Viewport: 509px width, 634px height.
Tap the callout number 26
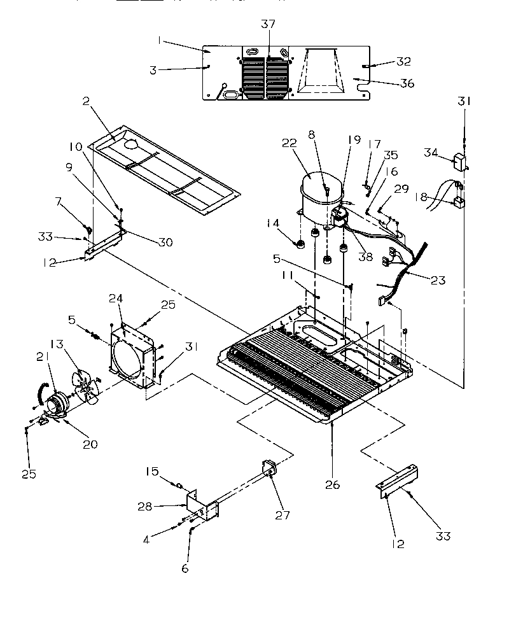tap(332, 484)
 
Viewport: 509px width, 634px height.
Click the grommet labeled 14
tap(297, 244)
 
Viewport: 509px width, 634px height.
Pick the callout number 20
tap(90, 444)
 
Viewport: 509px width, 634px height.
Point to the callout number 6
tap(185, 568)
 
